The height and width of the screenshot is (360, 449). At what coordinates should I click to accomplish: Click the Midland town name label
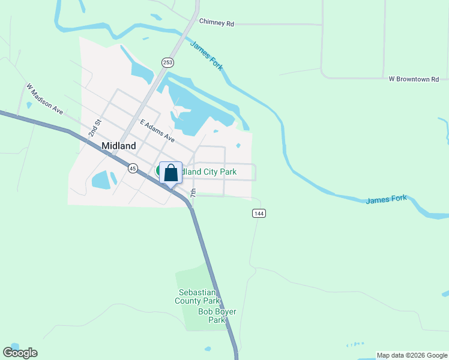tap(119, 146)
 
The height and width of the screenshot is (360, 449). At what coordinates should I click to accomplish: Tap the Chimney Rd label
tap(216, 23)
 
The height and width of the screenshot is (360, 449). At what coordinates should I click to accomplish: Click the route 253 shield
tap(167, 62)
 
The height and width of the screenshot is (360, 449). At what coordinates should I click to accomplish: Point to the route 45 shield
tap(133, 169)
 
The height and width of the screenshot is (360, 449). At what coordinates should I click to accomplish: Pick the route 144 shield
tap(259, 214)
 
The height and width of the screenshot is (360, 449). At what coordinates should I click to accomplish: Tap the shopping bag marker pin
tap(170, 173)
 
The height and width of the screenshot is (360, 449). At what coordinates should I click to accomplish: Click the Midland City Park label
tap(209, 172)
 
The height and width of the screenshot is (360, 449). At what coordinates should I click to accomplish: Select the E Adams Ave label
tap(157, 131)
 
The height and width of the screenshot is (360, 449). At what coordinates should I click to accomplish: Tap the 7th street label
tap(193, 194)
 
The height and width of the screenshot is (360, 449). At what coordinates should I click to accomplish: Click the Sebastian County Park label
tap(198, 296)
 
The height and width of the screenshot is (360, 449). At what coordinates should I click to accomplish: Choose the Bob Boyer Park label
tap(217, 316)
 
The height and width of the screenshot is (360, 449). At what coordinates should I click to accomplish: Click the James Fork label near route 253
tap(206, 55)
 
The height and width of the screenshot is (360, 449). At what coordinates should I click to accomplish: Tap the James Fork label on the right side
tap(387, 199)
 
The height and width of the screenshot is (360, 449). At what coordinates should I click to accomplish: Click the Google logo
tap(20, 353)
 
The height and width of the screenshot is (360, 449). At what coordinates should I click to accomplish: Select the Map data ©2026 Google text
tap(412, 355)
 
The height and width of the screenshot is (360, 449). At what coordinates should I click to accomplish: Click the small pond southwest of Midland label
tap(103, 179)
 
